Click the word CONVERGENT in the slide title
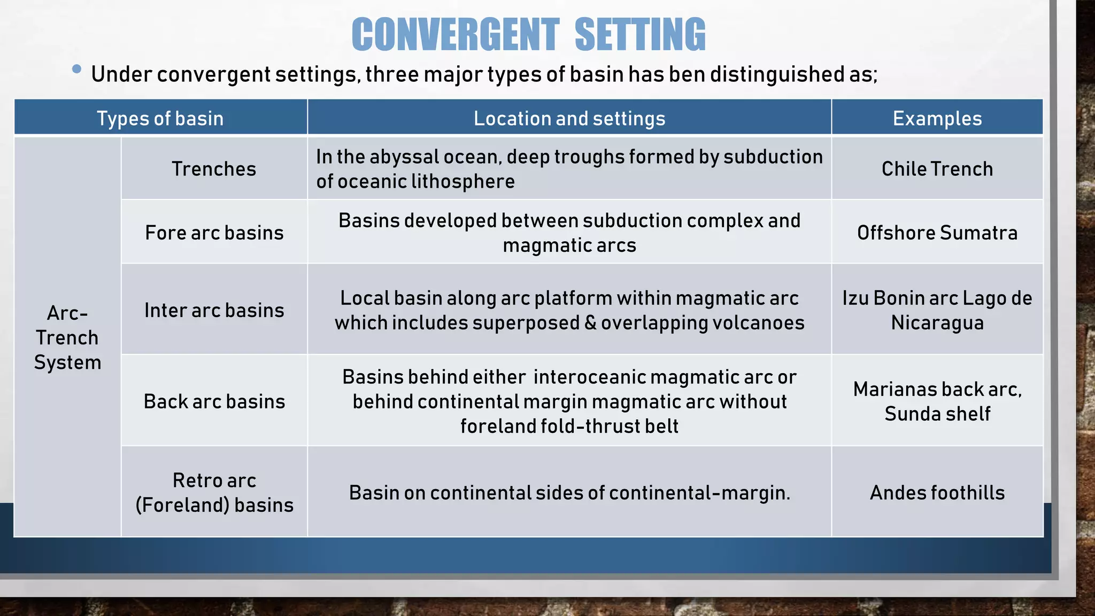click(456, 35)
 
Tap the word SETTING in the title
click(640, 35)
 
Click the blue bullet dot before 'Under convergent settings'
click(76, 69)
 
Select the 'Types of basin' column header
click(160, 118)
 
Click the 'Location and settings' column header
click(569, 118)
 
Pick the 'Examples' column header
click(937, 118)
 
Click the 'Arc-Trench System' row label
click(67, 337)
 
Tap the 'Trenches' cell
click(214, 169)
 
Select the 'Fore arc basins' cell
click(214, 233)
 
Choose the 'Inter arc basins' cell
click(214, 310)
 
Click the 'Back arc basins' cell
click(214, 401)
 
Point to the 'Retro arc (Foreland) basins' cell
click(214, 492)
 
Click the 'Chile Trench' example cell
click(937, 169)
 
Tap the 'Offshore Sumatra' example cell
click(937, 233)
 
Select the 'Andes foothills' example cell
click(937, 492)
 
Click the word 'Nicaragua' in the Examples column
click(937, 323)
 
